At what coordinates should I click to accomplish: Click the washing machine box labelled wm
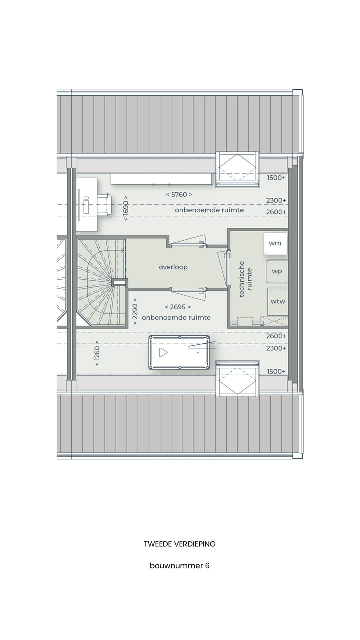(275, 243)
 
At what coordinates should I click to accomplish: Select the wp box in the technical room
(277, 271)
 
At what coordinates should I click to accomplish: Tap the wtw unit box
(277, 301)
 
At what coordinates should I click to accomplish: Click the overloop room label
(173, 267)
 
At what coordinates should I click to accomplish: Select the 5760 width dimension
(179, 195)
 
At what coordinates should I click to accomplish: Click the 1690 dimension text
(125, 208)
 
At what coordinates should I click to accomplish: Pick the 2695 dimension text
(178, 307)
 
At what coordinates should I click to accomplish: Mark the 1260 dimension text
(97, 353)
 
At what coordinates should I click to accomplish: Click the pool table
(179, 353)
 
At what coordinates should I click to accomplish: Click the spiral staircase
(100, 283)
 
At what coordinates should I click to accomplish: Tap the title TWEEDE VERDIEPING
(179, 544)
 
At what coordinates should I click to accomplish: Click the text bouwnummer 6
(179, 566)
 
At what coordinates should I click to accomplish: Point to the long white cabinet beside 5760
(161, 179)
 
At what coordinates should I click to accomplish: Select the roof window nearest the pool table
(238, 379)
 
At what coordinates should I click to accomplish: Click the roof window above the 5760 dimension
(238, 169)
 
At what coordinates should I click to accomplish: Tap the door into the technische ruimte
(223, 269)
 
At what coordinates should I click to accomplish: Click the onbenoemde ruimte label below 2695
(176, 317)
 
